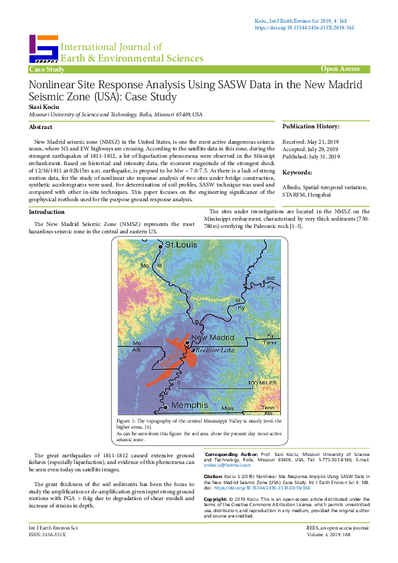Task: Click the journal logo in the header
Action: click(x=43, y=49)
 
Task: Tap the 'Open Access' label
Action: click(x=340, y=69)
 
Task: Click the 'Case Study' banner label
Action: click(x=47, y=70)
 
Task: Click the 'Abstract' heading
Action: click(x=41, y=126)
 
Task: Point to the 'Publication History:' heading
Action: click(x=310, y=126)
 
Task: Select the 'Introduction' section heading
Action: click(x=46, y=211)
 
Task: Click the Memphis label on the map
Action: click(x=189, y=405)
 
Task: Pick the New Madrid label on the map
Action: click(x=213, y=337)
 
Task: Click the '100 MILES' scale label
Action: click(x=262, y=382)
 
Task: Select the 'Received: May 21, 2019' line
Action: click(x=312, y=142)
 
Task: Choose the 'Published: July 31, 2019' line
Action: click(x=312, y=156)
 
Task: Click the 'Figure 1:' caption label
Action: click(x=128, y=420)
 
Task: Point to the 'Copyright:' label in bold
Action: click(x=215, y=499)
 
